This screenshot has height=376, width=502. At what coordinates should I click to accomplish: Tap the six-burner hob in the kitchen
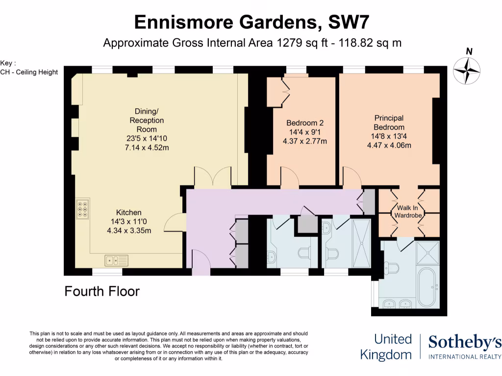[x=82, y=209]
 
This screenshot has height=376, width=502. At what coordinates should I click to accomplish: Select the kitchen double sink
[x=116, y=259]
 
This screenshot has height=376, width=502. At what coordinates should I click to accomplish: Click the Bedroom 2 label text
[x=305, y=123]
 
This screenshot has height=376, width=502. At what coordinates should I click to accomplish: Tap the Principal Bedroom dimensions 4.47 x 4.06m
[x=389, y=145]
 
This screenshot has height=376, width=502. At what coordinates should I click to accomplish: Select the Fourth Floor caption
[x=102, y=292]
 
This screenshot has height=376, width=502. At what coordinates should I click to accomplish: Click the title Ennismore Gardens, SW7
[x=251, y=22]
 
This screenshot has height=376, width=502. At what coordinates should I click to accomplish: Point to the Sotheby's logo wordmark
[x=465, y=343]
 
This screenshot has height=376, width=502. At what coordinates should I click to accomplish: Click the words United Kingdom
[x=387, y=347]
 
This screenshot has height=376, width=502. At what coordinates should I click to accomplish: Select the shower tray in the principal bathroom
[x=428, y=252]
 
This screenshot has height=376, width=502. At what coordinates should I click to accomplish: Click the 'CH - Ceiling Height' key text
[x=29, y=72]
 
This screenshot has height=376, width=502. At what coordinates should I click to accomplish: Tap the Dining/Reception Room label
[x=147, y=120]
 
